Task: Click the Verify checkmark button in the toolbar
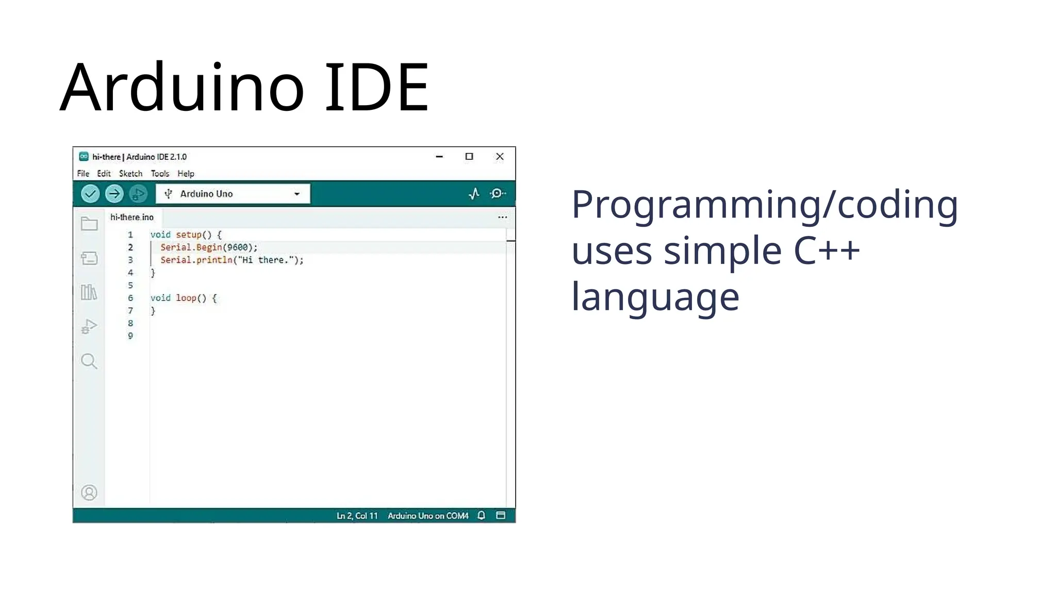pyautogui.click(x=90, y=194)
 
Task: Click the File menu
pyautogui.click(x=83, y=174)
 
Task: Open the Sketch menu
pyautogui.click(x=130, y=174)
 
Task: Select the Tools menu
pyautogui.click(x=160, y=174)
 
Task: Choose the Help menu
pyautogui.click(x=186, y=174)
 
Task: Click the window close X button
pyautogui.click(x=500, y=157)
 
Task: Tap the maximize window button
pyautogui.click(x=469, y=157)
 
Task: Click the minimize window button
pyautogui.click(x=439, y=157)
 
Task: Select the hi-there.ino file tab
pyautogui.click(x=132, y=218)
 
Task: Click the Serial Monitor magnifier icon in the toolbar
pyautogui.click(x=498, y=194)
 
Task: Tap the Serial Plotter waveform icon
pyautogui.click(x=474, y=194)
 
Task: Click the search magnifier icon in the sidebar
pyautogui.click(x=89, y=361)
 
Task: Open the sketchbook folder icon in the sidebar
pyautogui.click(x=89, y=224)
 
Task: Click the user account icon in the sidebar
pyautogui.click(x=89, y=493)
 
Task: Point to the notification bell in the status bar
pyautogui.click(x=481, y=516)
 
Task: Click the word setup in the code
pyautogui.click(x=189, y=235)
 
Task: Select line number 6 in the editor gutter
pyautogui.click(x=130, y=298)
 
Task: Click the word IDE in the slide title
pyautogui.click(x=376, y=88)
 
